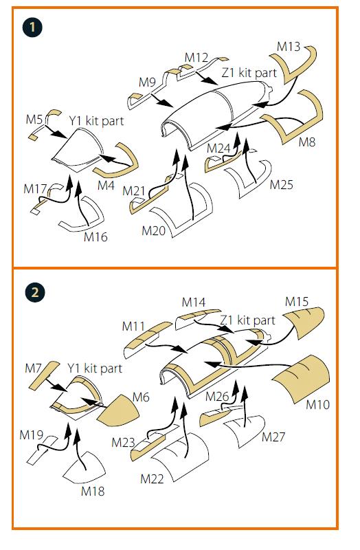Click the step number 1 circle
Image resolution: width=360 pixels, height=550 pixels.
[32, 27]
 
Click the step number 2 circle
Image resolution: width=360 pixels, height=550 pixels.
[35, 291]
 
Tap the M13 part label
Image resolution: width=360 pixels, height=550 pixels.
[289, 46]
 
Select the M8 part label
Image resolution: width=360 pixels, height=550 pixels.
[306, 142]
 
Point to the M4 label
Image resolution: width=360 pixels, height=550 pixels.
[106, 185]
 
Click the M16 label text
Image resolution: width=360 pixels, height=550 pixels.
[95, 236]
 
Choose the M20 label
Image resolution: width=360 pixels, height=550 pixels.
[153, 230]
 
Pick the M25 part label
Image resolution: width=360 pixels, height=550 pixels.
[281, 184]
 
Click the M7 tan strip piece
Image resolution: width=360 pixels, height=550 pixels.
[45, 374]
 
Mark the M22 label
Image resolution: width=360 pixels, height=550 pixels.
[152, 478]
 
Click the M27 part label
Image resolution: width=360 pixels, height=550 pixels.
[273, 437]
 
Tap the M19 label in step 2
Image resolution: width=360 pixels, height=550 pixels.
[32, 435]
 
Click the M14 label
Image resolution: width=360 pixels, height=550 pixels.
[194, 302]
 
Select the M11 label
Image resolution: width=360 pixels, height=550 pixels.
[133, 326]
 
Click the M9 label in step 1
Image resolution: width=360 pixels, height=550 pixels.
[147, 82]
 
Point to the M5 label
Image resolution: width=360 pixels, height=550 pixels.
[34, 119]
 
